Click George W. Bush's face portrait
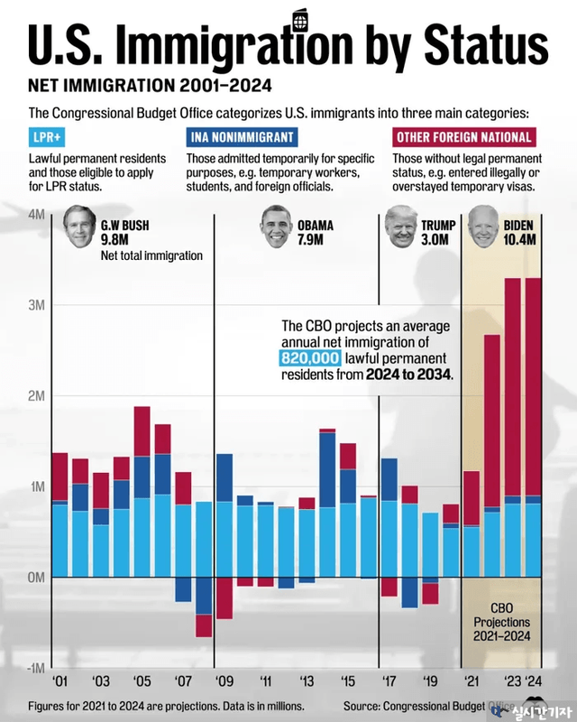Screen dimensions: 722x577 pyautogui.click(x=80, y=229)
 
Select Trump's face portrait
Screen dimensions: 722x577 pyautogui.click(x=402, y=227)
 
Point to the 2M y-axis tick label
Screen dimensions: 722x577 pyautogui.click(x=36, y=396)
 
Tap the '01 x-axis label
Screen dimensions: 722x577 pyautogui.click(x=60, y=681)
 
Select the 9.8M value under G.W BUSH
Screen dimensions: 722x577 pyautogui.click(x=116, y=240)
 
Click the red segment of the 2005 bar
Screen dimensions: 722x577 pyautogui.click(x=142, y=431)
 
